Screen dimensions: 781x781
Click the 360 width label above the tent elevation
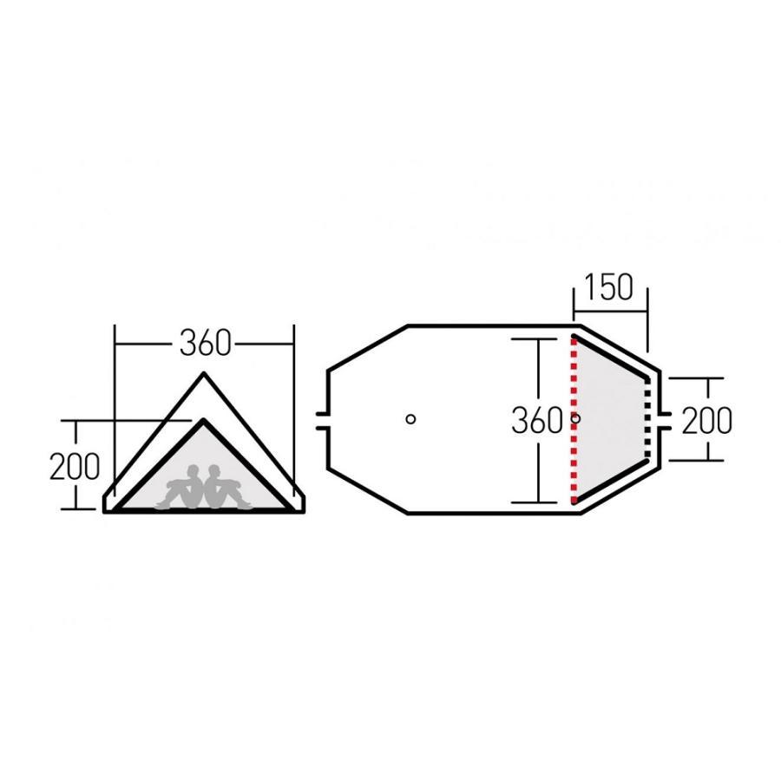pos(205,344)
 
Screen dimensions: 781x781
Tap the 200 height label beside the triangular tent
pos(74,467)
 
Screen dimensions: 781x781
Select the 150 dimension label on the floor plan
pos(609,287)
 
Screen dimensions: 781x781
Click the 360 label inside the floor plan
pos(537,421)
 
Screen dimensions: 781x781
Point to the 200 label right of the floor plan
pos(706,420)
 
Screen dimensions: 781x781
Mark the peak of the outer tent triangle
pos(205,374)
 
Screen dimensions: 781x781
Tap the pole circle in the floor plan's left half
pos(411,419)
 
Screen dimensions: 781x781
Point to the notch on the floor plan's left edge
pos(325,420)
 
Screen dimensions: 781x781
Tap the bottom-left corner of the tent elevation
pos(106,510)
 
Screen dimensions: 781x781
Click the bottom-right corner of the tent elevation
pos(304,510)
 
